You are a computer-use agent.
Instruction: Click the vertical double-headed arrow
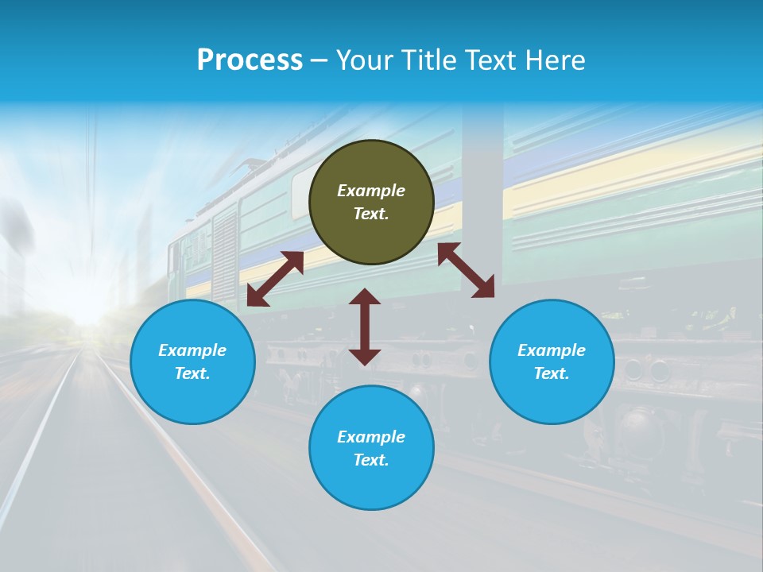[365, 327]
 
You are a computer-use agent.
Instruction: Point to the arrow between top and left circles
[275, 278]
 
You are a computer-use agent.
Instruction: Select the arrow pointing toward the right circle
[466, 270]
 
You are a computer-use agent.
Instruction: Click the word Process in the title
[250, 60]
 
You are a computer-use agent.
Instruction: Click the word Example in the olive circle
[371, 191]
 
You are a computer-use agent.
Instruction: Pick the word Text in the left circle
[192, 373]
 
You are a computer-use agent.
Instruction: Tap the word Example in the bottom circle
[371, 437]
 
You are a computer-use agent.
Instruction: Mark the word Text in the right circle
[552, 373]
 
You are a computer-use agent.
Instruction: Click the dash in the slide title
[320, 60]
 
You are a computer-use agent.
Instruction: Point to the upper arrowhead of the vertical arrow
[365, 296]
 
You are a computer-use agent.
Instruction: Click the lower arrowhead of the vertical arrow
[365, 357]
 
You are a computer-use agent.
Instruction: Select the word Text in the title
[490, 60]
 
